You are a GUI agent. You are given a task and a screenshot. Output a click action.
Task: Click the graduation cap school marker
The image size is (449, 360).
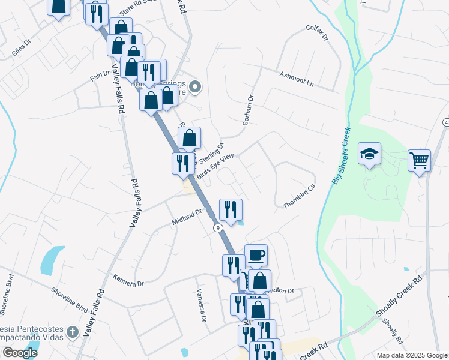(x=370, y=154)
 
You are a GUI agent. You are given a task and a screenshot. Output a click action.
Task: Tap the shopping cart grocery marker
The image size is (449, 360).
(x=419, y=160)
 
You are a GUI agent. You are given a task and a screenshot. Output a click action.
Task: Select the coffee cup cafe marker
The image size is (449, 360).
(x=256, y=255)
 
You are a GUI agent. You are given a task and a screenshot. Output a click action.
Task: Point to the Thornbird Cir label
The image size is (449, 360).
(x=299, y=196)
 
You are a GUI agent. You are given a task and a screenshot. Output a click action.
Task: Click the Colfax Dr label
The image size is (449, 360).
(x=318, y=32)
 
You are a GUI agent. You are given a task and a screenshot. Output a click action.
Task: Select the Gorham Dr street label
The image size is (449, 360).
(x=249, y=110)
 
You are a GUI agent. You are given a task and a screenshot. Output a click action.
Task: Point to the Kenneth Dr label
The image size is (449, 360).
(x=128, y=279)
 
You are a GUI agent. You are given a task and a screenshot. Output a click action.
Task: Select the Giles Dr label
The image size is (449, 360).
(x=20, y=52)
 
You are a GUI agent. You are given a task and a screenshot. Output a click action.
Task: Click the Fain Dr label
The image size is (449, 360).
(x=100, y=76)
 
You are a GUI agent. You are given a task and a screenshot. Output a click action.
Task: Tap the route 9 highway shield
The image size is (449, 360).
(x=218, y=227)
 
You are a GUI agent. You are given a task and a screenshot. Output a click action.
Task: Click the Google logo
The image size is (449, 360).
(x=20, y=353)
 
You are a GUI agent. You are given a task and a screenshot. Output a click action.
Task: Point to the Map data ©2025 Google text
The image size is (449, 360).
(x=411, y=355)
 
